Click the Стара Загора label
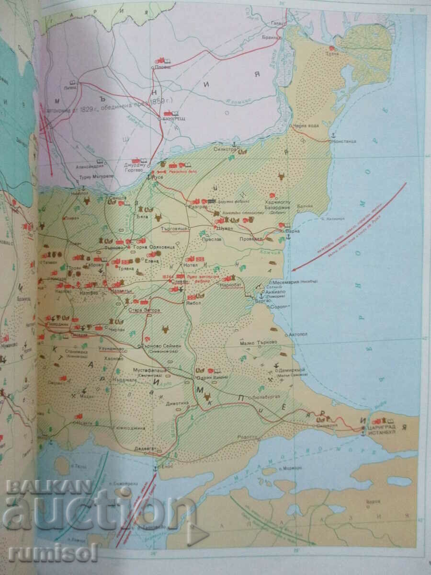pyautogui.click(x=144, y=310)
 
